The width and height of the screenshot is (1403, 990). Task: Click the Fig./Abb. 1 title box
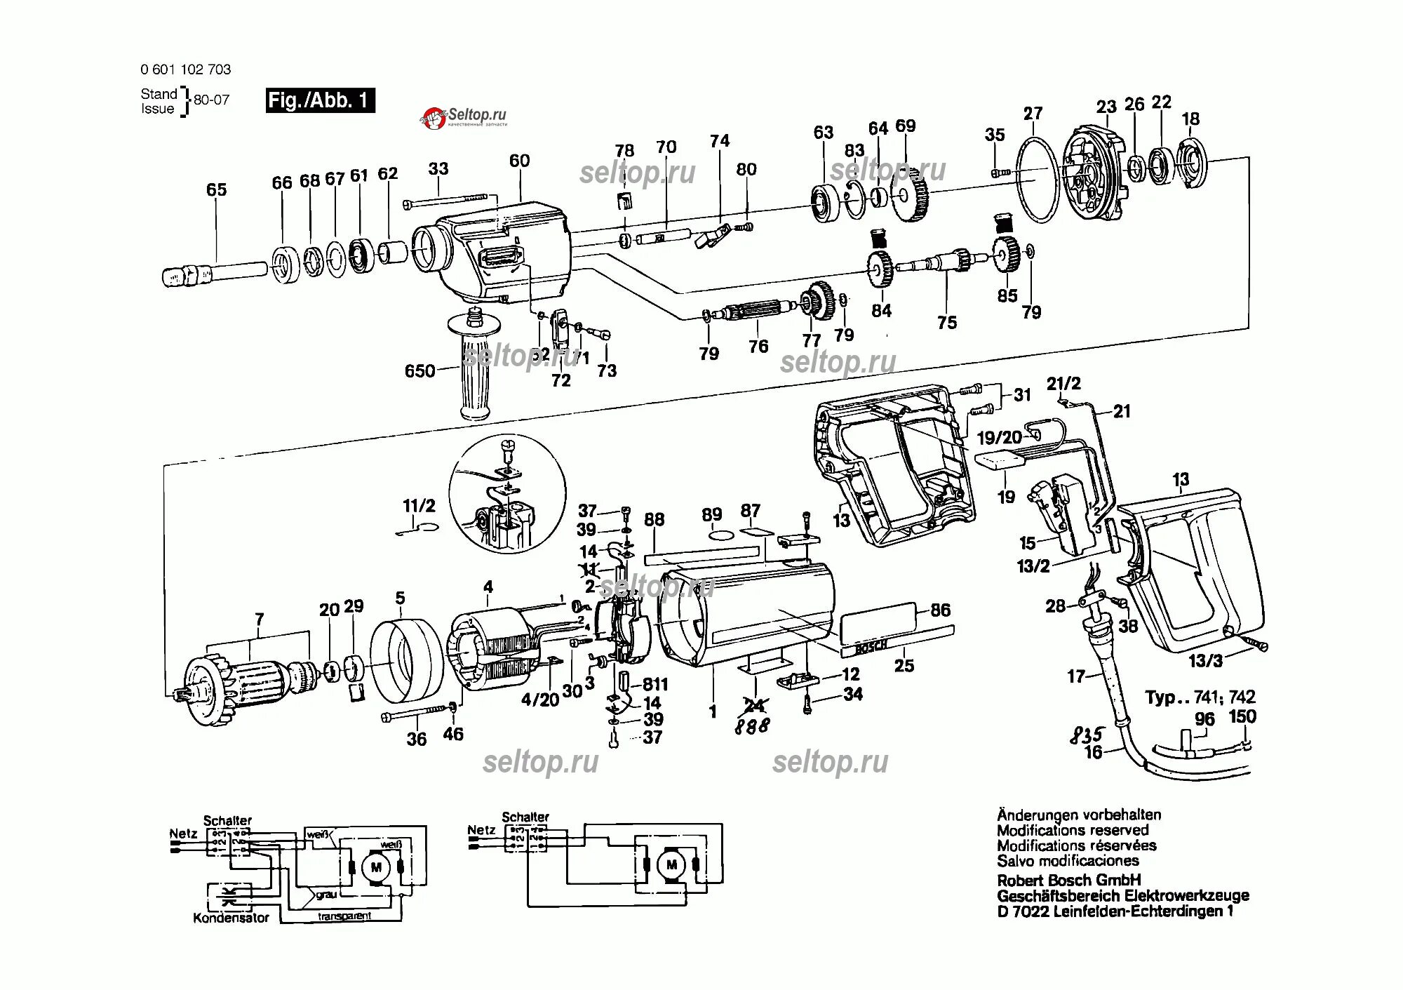tap(320, 100)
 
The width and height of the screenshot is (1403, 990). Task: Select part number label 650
tap(419, 370)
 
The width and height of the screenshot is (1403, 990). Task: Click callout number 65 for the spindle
tap(216, 189)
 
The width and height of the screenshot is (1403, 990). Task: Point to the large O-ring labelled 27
tap(1035, 180)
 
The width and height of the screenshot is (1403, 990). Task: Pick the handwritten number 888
tap(751, 726)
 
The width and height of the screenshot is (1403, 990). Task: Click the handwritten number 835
tap(1087, 735)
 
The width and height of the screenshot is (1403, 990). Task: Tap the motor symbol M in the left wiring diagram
tap(375, 868)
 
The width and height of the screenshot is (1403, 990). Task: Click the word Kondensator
tap(231, 918)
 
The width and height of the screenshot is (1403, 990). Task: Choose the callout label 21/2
tap(1063, 384)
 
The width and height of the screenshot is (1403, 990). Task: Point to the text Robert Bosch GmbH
tap(1069, 880)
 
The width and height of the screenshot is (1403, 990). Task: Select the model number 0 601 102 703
tap(185, 69)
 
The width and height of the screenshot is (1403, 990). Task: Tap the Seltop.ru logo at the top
tap(464, 116)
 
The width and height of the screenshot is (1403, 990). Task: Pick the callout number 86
tap(940, 610)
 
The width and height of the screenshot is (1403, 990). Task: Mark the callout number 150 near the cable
tap(1242, 716)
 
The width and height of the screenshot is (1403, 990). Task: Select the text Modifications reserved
tap(1073, 831)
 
